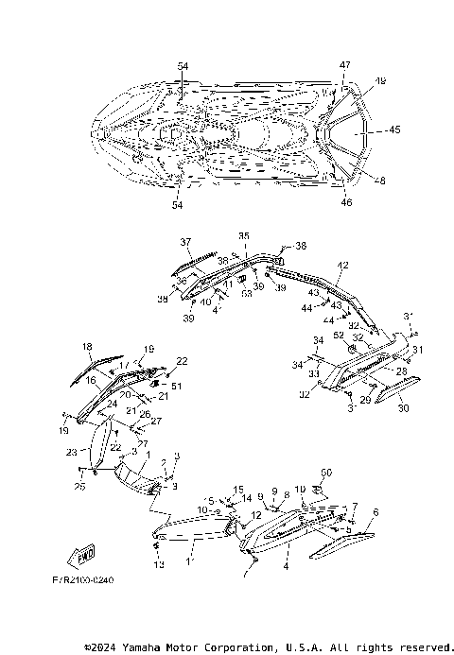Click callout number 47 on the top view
coord(344,64)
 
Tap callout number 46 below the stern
coord(345,202)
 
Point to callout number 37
coord(186,242)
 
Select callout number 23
coord(71,452)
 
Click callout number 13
coord(159,564)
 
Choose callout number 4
coord(285,567)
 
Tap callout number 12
coord(254,515)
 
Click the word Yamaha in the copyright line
coord(162,647)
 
